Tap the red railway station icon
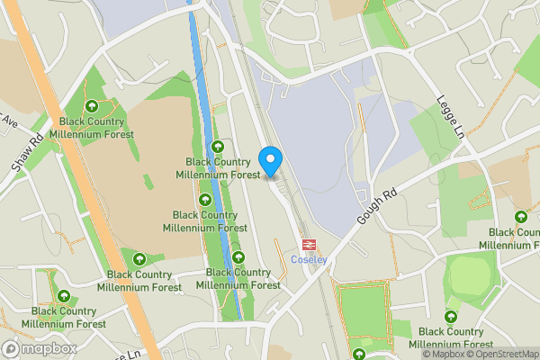coord(308,244)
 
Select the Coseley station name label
coord(308,260)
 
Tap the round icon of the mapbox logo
coord(11,348)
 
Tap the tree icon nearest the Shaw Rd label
coord(91,107)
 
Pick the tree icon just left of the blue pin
coord(217,148)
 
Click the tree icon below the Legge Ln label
coord(521,217)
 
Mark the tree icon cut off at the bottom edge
coord(359,355)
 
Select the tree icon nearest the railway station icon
coord(238,258)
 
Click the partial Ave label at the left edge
coord(7,120)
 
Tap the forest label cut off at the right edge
coord(510,239)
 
